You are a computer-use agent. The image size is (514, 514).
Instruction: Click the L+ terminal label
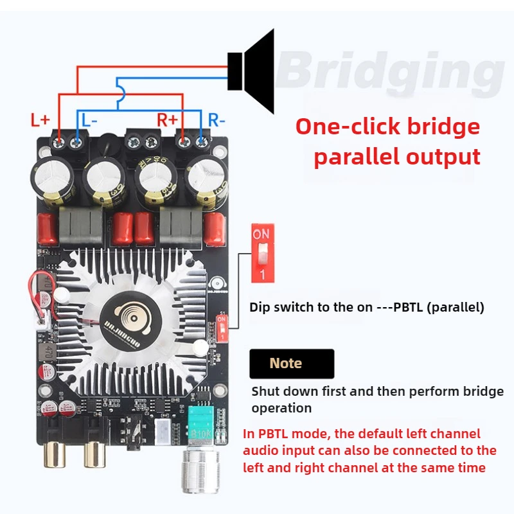[x=40, y=120]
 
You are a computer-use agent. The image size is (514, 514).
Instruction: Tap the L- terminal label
[x=89, y=120]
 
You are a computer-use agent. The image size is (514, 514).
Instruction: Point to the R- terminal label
[x=217, y=120]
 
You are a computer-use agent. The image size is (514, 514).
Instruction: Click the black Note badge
[x=291, y=364]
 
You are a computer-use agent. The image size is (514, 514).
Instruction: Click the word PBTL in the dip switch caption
[x=399, y=307]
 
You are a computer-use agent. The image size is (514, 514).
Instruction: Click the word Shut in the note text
[x=267, y=391]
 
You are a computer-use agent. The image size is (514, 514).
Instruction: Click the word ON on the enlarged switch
[x=261, y=235]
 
